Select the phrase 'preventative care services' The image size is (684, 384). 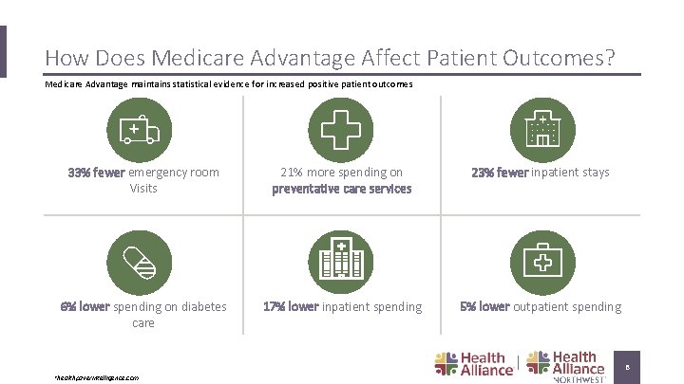click(x=341, y=189)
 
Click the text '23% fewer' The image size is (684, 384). click(x=500, y=173)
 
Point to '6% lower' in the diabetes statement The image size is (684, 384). click(x=85, y=306)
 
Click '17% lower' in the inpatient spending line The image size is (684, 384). click(x=290, y=306)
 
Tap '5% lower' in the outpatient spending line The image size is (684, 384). click(x=484, y=306)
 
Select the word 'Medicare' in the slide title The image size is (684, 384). click(x=197, y=59)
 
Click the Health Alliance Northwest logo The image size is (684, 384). click(x=566, y=366)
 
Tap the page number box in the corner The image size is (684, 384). click(x=627, y=366)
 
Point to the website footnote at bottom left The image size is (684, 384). click(x=97, y=377)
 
